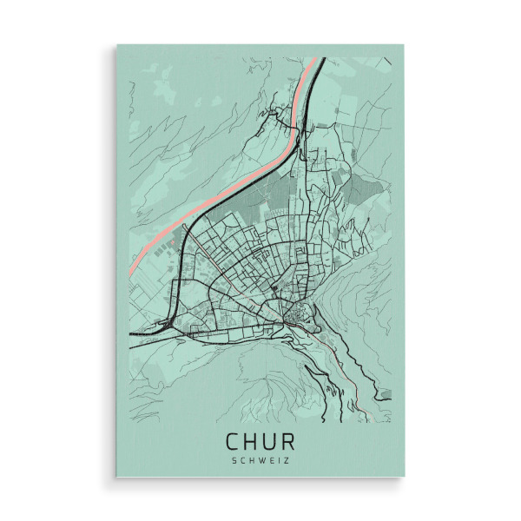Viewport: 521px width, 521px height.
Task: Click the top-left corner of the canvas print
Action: pos(115,45)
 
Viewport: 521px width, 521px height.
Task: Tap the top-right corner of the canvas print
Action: pos(405,45)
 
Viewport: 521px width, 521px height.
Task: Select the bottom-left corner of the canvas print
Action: pos(115,477)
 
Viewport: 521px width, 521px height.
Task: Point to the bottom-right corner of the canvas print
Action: pos(405,477)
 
